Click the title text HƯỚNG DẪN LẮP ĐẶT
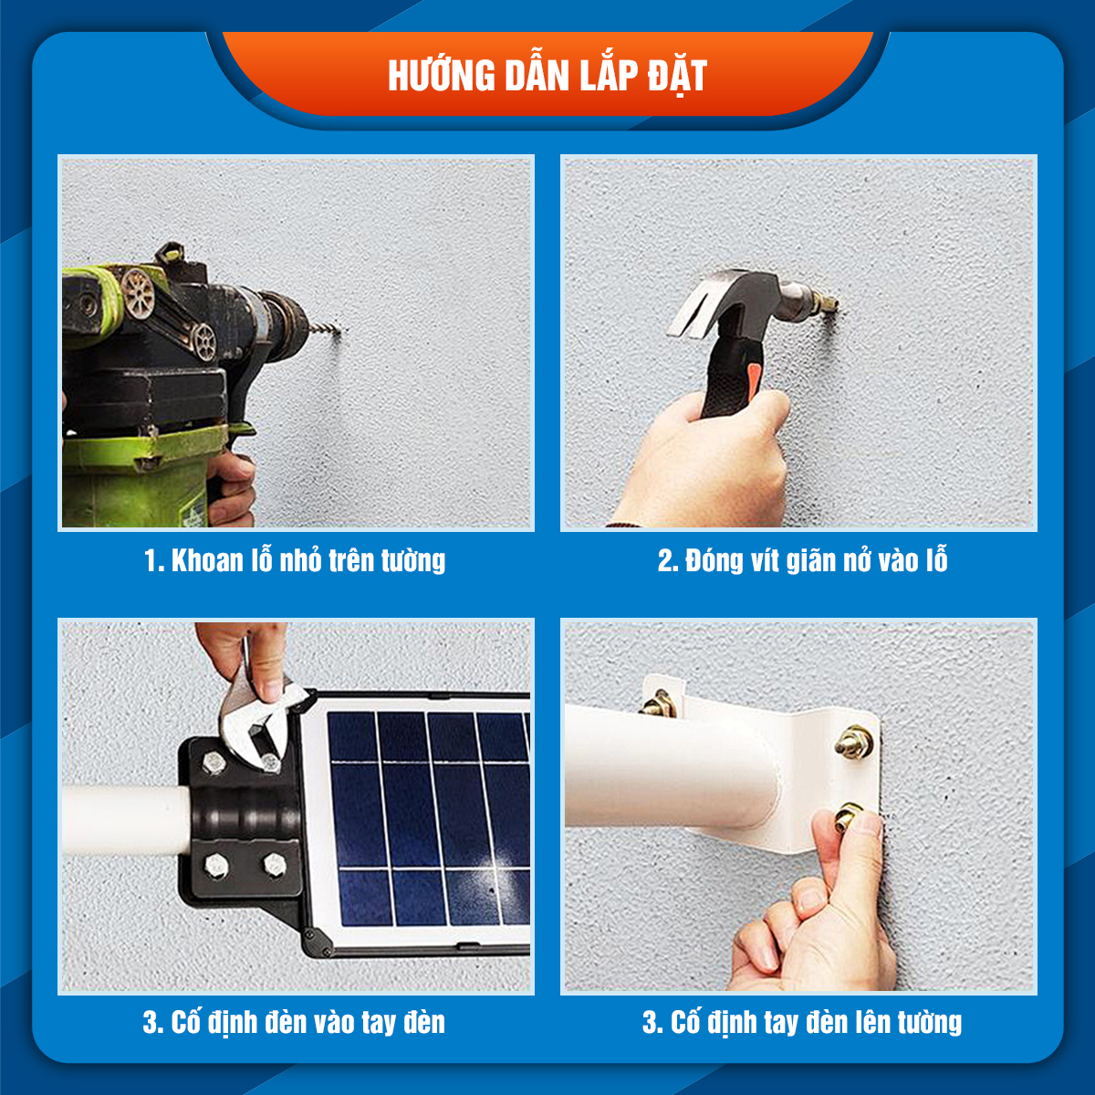[547, 76]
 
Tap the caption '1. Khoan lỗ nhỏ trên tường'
[295, 559]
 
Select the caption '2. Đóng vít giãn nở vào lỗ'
[802, 559]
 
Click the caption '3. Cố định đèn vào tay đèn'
[294, 1021]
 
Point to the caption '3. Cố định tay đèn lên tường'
[802, 1021]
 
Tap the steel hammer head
[730, 297]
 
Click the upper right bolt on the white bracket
[854, 741]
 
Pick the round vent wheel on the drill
[138, 293]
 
